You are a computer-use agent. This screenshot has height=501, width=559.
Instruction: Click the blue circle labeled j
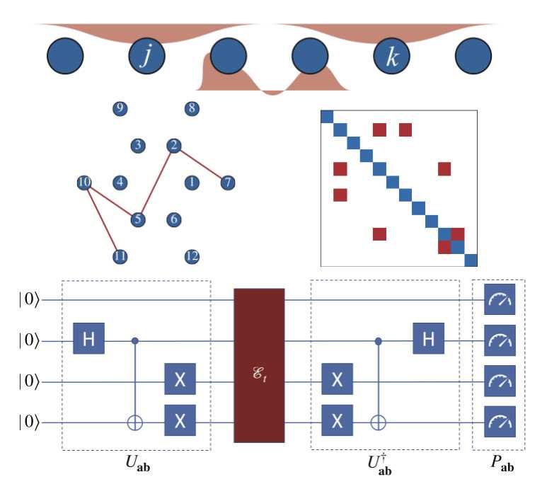(x=146, y=57)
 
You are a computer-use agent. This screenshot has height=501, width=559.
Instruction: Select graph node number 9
(x=120, y=108)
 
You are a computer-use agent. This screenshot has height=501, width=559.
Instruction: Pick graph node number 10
(x=84, y=183)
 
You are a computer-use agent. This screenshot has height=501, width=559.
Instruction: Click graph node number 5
(x=138, y=219)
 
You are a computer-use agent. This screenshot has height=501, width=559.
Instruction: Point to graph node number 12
(x=191, y=256)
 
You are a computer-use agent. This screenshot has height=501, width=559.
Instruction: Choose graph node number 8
(x=191, y=108)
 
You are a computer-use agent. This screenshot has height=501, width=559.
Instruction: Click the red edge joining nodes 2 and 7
(x=200, y=164)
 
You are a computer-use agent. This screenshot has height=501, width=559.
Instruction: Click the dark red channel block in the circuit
(x=259, y=365)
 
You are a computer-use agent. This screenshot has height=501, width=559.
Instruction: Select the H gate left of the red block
(x=90, y=341)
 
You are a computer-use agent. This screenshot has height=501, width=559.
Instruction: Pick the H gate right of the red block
(x=429, y=341)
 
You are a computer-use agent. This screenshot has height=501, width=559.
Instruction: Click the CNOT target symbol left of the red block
(x=136, y=423)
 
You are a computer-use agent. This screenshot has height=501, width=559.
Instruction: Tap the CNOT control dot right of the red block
(x=378, y=341)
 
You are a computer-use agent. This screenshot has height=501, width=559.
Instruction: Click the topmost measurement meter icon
(x=500, y=301)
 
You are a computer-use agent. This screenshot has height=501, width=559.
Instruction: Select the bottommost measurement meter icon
(x=500, y=423)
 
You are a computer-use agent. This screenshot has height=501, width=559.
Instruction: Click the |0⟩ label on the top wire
(x=30, y=301)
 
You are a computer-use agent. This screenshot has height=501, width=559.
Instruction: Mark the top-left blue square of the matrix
(x=327, y=117)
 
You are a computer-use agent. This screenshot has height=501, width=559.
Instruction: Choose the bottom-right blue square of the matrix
(x=471, y=260)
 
